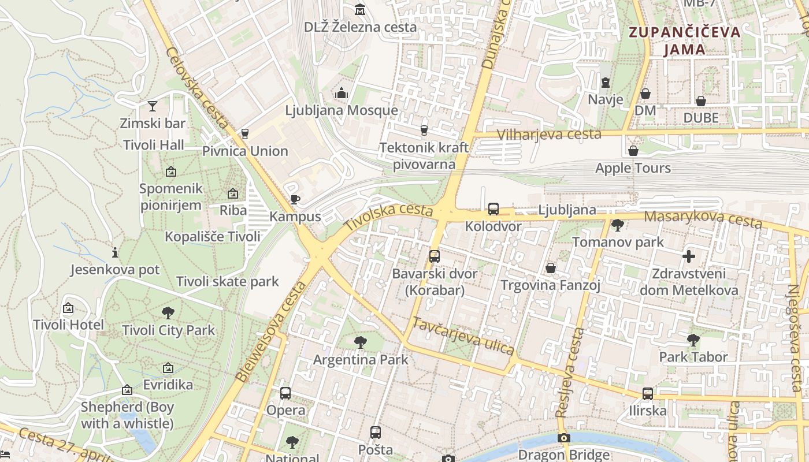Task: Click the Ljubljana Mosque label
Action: point(341,110)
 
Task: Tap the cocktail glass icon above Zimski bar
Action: point(152,106)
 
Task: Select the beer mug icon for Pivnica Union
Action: point(244,133)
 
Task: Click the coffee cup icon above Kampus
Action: point(295,200)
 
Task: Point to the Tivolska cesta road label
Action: point(388,217)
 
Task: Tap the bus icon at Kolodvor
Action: point(493,209)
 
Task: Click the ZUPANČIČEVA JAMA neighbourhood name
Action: point(684,40)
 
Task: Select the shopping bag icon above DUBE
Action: point(700,101)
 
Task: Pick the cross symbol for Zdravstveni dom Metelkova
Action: point(688,256)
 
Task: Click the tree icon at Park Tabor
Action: point(693,340)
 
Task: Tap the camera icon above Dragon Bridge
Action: point(563,438)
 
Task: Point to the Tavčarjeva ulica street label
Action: point(463,336)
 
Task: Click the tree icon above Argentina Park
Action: point(360,342)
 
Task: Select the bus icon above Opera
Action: point(285,393)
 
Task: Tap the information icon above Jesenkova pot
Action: point(114,252)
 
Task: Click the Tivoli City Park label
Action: point(168,330)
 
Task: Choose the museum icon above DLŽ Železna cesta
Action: point(360,9)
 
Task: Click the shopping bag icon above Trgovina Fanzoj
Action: point(550,268)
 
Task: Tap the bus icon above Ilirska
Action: point(647,394)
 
